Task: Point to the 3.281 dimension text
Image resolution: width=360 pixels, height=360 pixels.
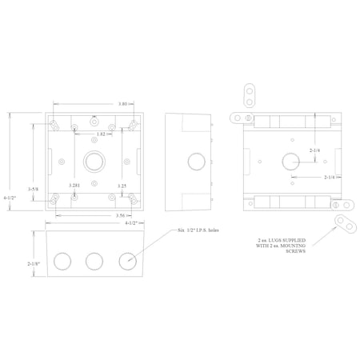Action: tap(75, 186)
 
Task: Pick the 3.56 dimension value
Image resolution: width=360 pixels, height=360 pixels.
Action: tap(97, 216)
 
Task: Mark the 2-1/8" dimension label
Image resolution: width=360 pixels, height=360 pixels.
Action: tap(32, 263)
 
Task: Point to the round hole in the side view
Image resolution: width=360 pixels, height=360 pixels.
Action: tap(194, 161)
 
